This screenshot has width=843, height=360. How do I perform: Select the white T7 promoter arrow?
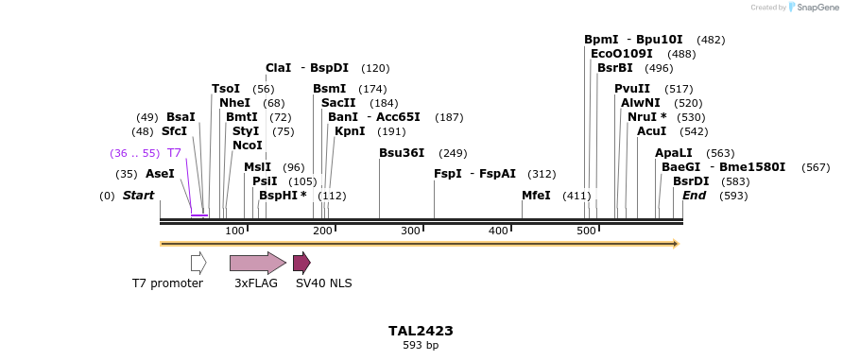tap(198, 263)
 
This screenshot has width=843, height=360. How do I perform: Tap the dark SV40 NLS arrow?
tap(301, 263)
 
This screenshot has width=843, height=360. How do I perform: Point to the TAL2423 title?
tap(421, 331)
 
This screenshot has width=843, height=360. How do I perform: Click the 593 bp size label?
tap(421, 346)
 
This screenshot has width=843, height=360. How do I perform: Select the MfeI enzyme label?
tap(536, 196)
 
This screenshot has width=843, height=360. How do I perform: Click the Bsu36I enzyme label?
tap(402, 153)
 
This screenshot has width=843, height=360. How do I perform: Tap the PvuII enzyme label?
tap(632, 89)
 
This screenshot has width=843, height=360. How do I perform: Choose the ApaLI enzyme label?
tap(674, 153)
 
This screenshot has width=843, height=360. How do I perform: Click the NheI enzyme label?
tap(234, 103)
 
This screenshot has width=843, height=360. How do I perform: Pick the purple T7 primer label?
tap(174, 153)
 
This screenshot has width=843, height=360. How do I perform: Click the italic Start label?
tap(138, 196)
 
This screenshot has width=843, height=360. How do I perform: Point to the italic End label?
tap(694, 196)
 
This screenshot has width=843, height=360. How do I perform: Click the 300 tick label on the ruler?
tap(410, 231)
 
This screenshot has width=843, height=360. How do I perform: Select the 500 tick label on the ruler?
tap(586, 231)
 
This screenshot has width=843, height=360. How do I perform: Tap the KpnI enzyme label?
tap(350, 131)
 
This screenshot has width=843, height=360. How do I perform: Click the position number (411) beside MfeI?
tap(576, 196)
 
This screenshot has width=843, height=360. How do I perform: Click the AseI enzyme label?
tap(160, 174)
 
